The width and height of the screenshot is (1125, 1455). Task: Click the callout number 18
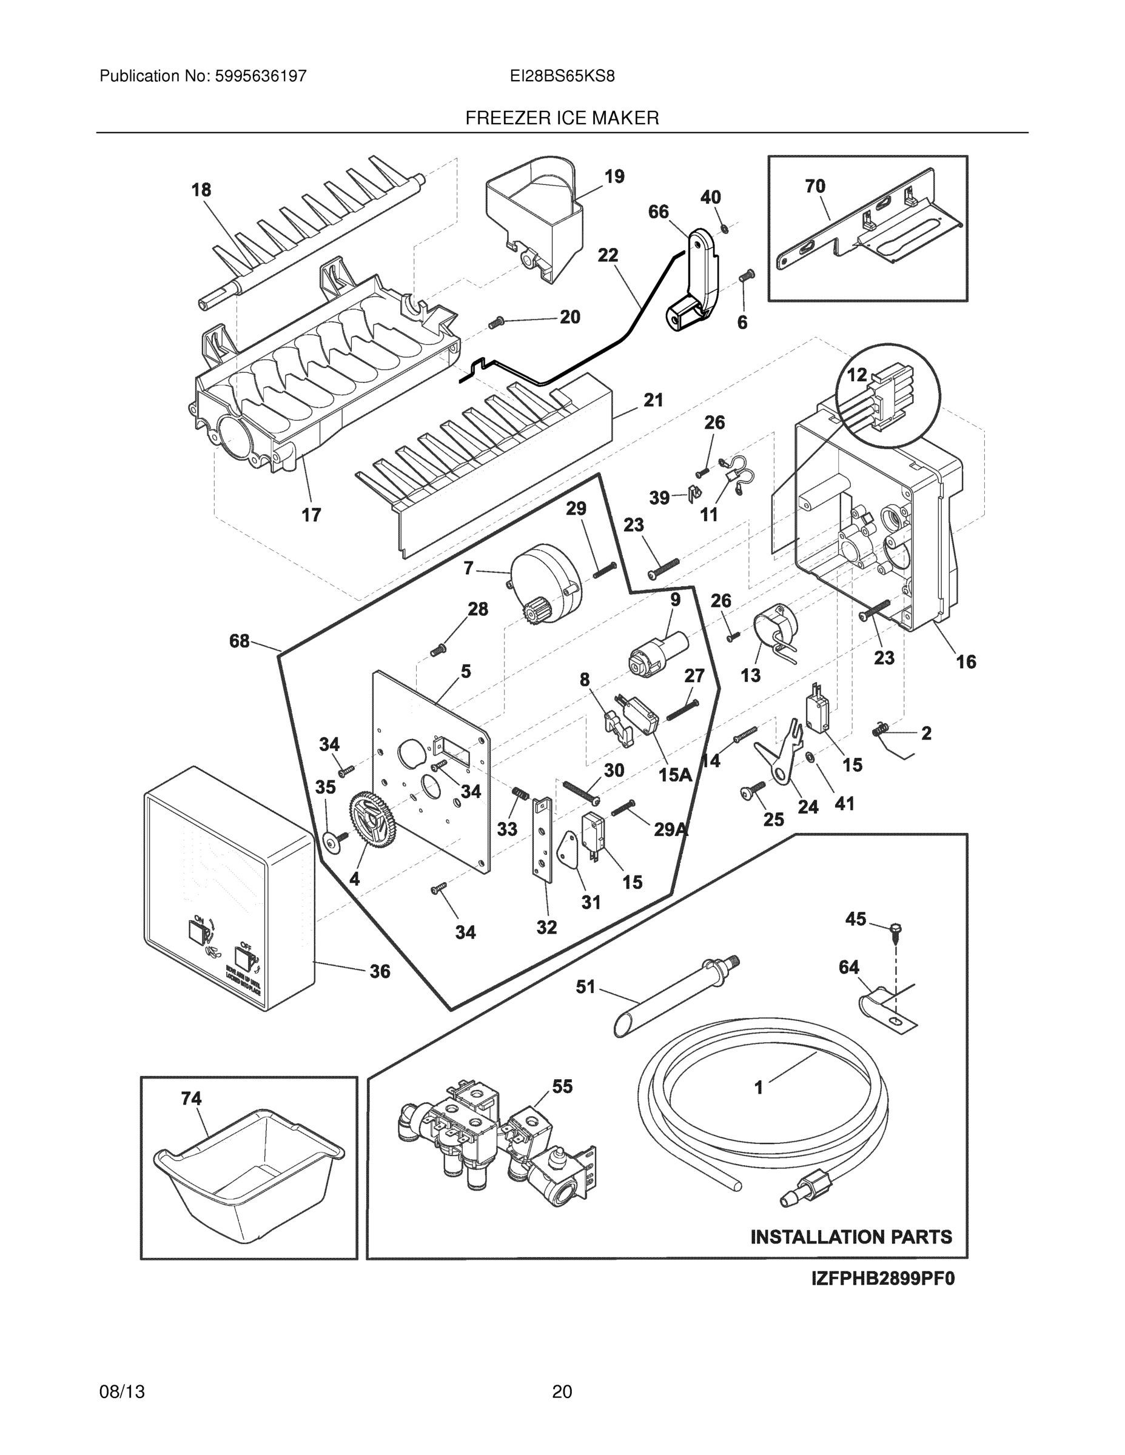click(201, 190)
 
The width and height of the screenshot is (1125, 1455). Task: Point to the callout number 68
click(240, 641)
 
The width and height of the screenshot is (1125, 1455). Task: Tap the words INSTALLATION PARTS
click(851, 1237)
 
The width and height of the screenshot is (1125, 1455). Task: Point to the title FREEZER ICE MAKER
click(562, 119)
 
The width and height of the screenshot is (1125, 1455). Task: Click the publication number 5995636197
click(260, 76)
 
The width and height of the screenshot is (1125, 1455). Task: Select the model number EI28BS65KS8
click(562, 76)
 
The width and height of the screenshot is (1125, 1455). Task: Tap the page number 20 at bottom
click(562, 1392)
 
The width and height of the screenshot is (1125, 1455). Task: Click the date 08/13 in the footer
click(122, 1392)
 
